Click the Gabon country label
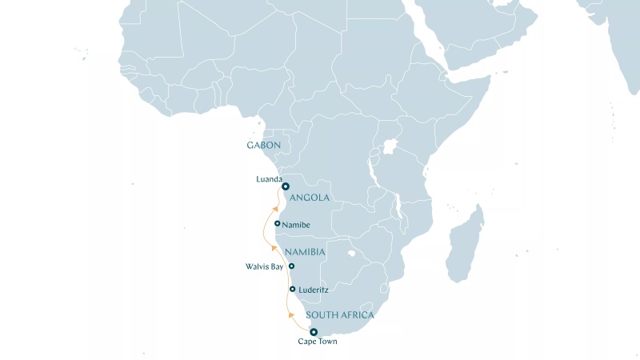264,146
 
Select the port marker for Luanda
286,187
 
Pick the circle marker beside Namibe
277,224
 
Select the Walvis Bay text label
265,266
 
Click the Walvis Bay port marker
291,266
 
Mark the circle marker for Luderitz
293,289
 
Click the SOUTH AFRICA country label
340,316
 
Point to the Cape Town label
318,342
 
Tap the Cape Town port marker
314,332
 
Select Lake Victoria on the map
391,150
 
